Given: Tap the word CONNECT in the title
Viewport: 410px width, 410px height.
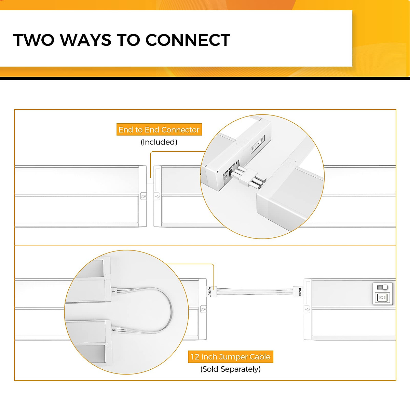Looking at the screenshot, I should pos(188,40).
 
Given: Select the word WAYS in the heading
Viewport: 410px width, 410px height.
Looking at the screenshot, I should pos(86,40).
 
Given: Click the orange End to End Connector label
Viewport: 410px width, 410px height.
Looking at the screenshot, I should pos(159,130).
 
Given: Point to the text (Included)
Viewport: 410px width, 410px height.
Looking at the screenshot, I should pos(159,142).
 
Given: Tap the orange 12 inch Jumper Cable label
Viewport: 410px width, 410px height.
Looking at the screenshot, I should pos(230,357).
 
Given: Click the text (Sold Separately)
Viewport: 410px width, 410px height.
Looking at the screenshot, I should pos(230,369).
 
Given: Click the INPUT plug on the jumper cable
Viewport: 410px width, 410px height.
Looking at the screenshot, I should pos(298,291).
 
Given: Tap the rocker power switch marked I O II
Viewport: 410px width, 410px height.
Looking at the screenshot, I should pos(382,298).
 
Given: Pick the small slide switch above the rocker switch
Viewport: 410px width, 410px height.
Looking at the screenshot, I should pos(382,287).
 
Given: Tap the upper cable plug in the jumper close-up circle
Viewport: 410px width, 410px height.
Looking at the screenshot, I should pos(114,291).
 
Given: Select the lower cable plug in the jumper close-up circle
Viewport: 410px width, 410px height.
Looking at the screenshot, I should pos(113,330).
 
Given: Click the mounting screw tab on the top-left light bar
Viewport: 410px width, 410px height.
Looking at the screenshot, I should pos(143,196).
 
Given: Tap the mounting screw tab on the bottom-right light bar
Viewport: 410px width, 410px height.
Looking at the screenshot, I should pos(307,310).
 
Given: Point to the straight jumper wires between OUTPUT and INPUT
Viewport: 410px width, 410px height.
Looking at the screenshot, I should pos(255,291).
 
